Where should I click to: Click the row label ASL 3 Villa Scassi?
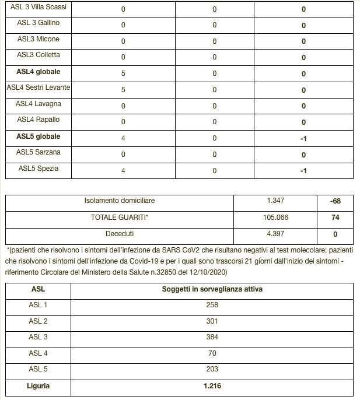pos(38,8)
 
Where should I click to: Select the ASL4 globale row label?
pos(39,72)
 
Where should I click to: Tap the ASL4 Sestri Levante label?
pos(39,87)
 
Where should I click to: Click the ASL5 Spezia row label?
pos(39,169)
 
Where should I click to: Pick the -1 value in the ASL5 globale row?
pos(303,139)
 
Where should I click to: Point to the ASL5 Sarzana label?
pos(39,152)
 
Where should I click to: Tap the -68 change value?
pos(335,202)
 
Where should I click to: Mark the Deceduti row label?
pos(119,233)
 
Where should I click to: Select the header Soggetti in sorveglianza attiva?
pos(212,289)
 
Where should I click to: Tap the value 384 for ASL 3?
pos(212,337)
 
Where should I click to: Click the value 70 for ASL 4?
pos(212,353)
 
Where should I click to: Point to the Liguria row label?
pos(39,385)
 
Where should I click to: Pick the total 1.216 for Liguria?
pos(212,385)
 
